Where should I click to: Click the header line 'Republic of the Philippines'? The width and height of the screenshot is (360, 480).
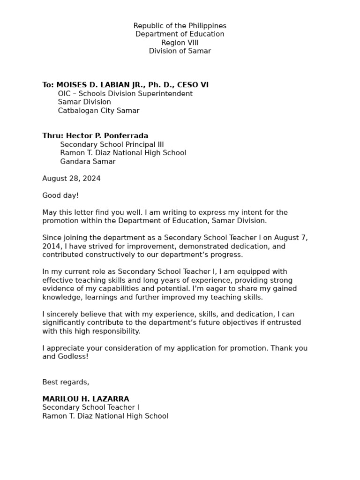[x=180, y=26]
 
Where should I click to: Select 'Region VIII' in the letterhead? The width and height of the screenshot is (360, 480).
[x=180, y=43]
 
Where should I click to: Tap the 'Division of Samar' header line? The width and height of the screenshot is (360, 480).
[x=180, y=51]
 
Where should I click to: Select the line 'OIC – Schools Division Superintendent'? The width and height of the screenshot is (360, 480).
[x=125, y=94]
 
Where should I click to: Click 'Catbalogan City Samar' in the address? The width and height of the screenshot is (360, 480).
[x=98, y=111]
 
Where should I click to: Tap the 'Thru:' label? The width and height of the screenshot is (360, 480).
[x=52, y=136]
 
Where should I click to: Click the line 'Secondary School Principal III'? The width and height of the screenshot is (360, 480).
[x=112, y=144]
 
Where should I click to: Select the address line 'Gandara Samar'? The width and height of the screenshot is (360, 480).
[x=88, y=162]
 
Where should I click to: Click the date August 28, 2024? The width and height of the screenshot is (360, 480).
[x=71, y=179]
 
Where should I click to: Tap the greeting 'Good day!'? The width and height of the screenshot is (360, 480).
[x=60, y=195]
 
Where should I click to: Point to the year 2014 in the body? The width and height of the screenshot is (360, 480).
[x=51, y=246]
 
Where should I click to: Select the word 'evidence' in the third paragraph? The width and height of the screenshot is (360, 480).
[x=57, y=289]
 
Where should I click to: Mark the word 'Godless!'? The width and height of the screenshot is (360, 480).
[x=73, y=357]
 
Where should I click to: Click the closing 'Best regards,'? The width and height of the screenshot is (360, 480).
[x=66, y=382]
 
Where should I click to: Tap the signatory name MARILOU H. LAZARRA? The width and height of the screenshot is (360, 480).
[x=85, y=399]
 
